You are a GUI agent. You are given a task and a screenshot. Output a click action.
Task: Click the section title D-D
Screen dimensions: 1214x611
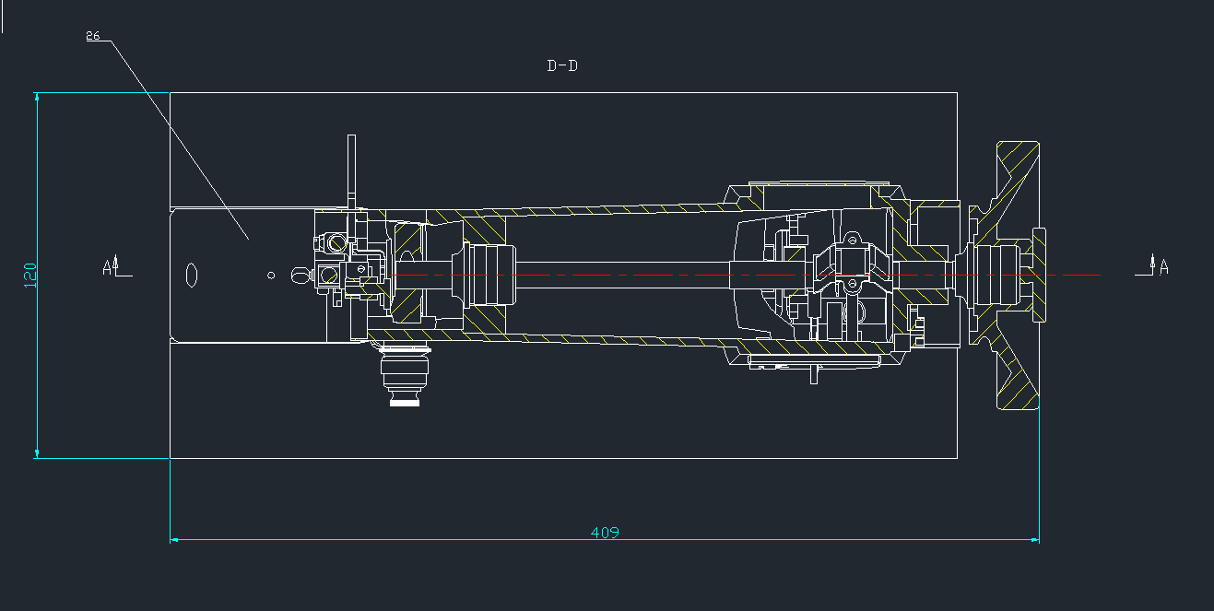(x=562, y=66)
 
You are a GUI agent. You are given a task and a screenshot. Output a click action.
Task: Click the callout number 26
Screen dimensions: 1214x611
(x=93, y=36)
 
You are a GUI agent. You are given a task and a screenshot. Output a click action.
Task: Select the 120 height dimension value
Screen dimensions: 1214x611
(x=30, y=276)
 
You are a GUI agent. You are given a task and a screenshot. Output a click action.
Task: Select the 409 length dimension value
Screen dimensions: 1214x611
(x=605, y=533)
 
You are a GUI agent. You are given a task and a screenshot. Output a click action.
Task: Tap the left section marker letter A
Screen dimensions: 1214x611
(x=107, y=267)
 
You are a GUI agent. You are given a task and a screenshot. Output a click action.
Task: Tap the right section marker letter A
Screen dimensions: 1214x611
(x=1163, y=267)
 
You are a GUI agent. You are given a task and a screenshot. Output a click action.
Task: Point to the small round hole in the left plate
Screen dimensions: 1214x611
(x=271, y=276)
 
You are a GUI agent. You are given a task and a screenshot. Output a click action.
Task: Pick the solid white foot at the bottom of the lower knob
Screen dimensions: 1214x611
(x=405, y=403)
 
